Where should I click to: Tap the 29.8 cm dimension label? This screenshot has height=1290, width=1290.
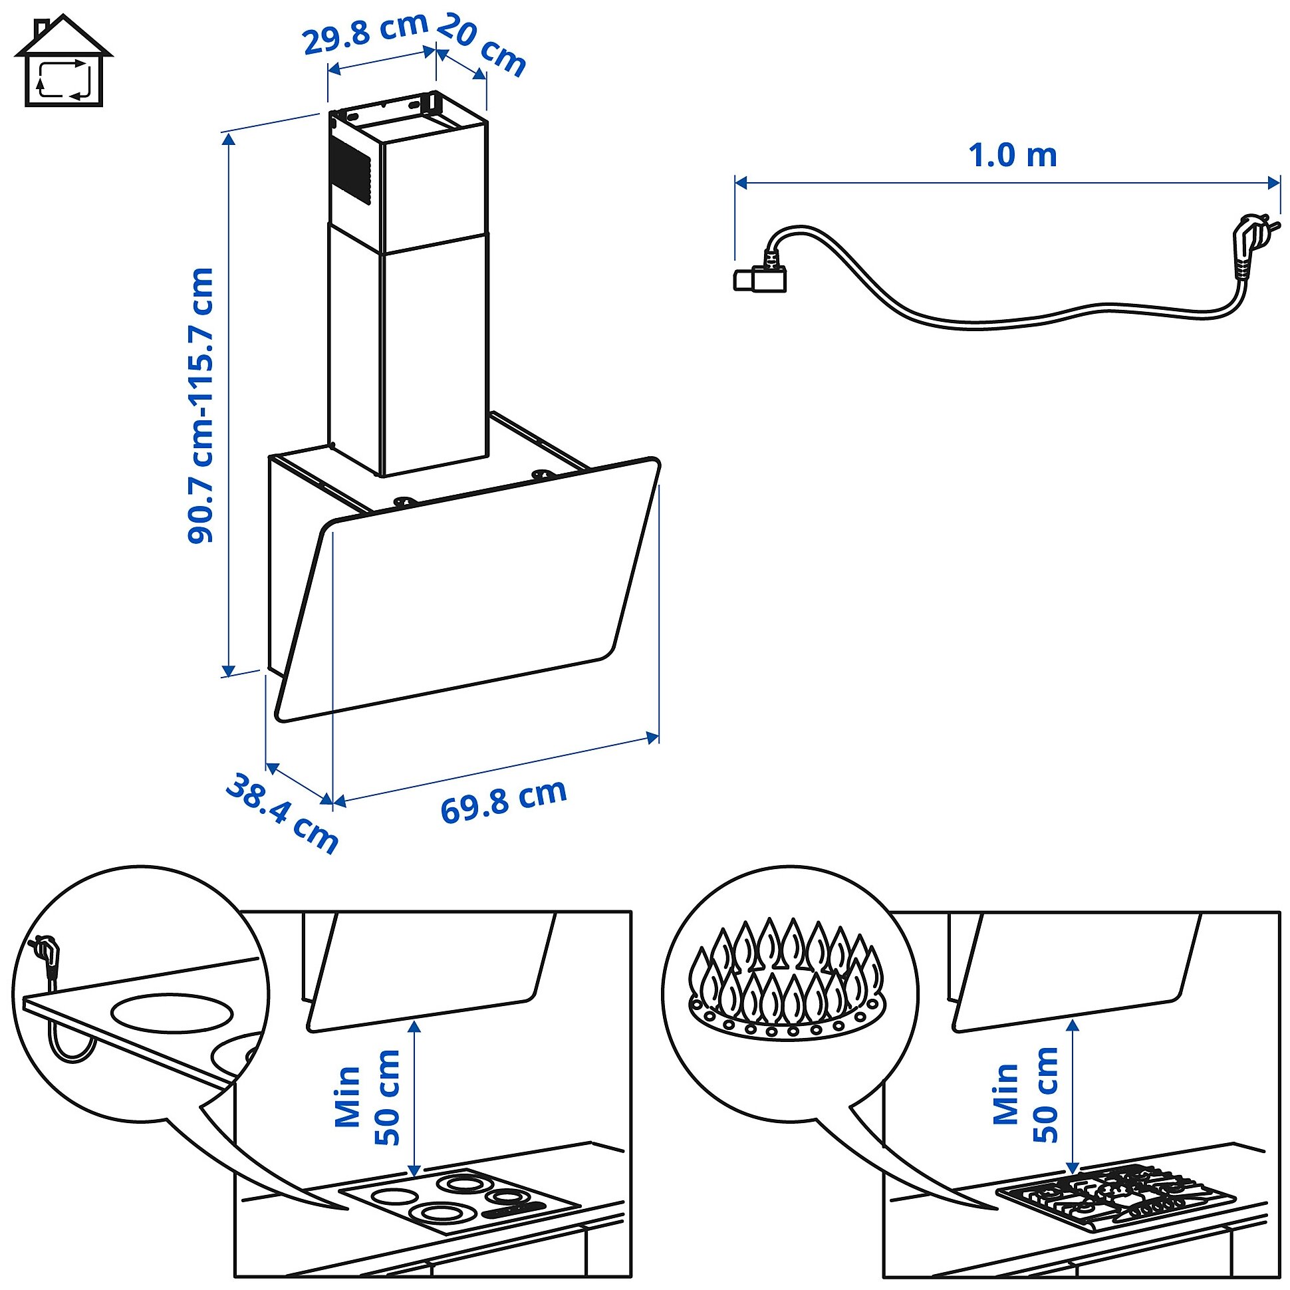coord(365,33)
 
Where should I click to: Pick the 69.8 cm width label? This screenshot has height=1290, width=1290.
coord(503,801)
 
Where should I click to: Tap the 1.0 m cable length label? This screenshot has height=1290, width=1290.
coord(1012,156)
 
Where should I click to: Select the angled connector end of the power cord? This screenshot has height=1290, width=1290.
coord(761,277)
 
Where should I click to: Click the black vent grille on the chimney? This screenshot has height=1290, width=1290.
coord(350,170)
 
